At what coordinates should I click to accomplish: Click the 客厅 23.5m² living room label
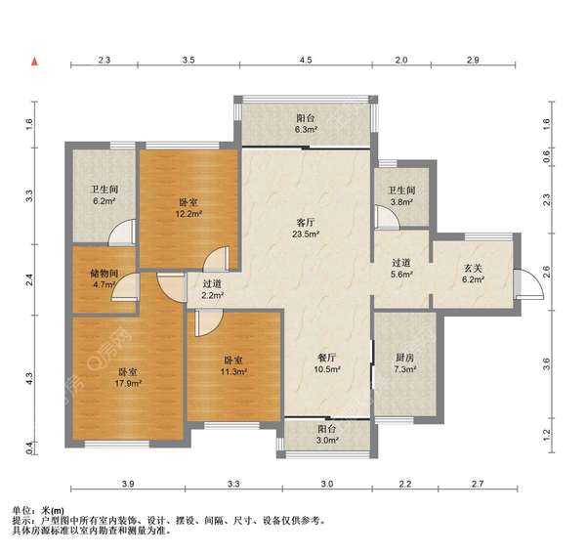[305, 228]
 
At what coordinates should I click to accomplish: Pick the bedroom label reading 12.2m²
[188, 207]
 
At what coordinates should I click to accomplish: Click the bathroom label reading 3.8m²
[401, 197]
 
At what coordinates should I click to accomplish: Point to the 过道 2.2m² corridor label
[212, 289]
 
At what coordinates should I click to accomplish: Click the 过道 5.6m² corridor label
[402, 269]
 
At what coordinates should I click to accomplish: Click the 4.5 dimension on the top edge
[306, 61]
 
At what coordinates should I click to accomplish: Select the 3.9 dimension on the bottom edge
[128, 485]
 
